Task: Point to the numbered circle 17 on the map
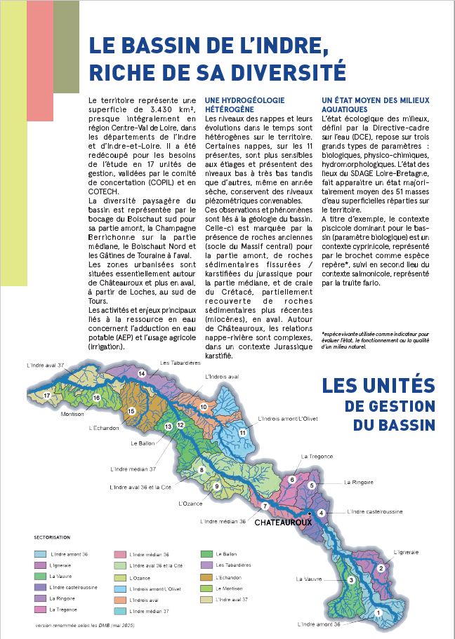pyautogui.click(x=47, y=396)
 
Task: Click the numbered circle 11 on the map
pyautogui.click(x=242, y=433)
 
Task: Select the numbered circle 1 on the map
pyautogui.click(x=378, y=612)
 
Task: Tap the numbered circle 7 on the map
pyautogui.click(x=265, y=506)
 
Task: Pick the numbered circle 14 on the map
pyautogui.click(x=142, y=374)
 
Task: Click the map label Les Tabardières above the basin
pyautogui.click(x=177, y=363)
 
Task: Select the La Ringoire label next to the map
pyautogui.click(x=357, y=483)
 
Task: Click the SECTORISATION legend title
pyautogui.click(x=52, y=537)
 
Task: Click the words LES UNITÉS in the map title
pyautogui.click(x=378, y=386)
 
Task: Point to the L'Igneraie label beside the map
pyautogui.click(x=405, y=553)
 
